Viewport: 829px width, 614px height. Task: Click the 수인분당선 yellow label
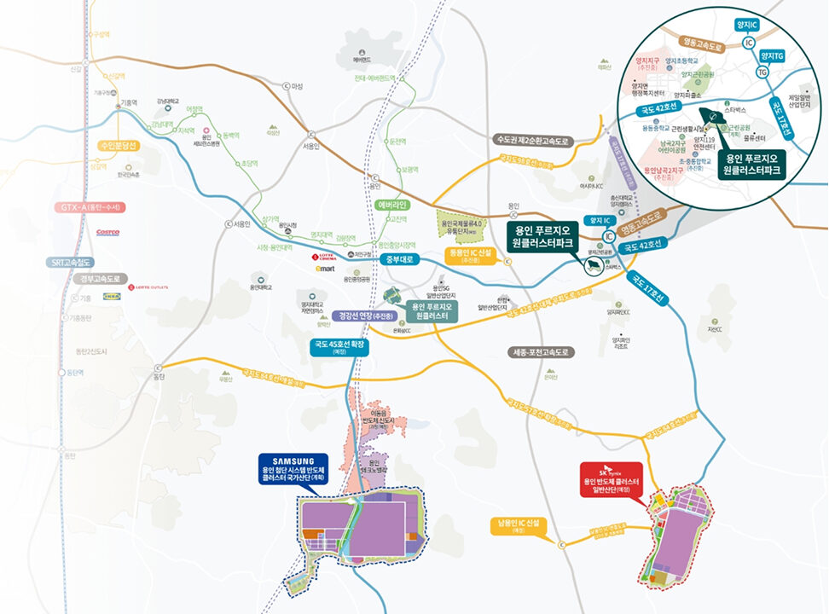(x=119, y=146)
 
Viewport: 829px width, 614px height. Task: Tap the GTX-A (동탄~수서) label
(x=90, y=207)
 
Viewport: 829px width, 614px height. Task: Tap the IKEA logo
(x=111, y=297)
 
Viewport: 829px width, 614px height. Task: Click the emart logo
(x=325, y=269)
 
